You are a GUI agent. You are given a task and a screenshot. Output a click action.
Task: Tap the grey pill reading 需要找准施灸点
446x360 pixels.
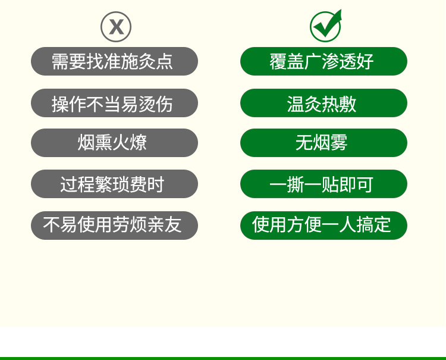coord(114,61)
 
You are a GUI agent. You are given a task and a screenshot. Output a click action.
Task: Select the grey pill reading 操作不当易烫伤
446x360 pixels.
coord(114,103)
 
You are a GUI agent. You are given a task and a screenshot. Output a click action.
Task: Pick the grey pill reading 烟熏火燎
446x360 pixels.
coord(114,143)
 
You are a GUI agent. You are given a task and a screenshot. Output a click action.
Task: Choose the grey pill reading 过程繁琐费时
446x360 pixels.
coord(114,184)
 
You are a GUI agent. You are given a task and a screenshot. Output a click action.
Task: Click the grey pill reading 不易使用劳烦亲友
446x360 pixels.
coord(114,226)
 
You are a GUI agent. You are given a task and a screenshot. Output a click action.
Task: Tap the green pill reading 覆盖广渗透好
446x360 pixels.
coord(323,61)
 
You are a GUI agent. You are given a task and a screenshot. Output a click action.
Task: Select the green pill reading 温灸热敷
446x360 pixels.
coord(323,103)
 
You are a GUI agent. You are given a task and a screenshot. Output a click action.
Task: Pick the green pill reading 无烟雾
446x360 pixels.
coord(323,143)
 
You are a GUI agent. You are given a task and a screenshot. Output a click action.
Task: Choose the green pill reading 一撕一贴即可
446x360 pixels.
coord(323,184)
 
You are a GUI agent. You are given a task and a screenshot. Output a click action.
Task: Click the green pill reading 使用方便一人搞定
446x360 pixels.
coord(323,226)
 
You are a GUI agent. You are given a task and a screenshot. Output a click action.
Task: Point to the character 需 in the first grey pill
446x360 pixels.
coord(60,61)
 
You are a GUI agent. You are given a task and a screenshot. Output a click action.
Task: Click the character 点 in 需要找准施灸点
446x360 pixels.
coord(164,61)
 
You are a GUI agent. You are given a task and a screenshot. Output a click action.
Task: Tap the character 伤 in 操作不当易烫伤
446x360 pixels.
coord(164,104)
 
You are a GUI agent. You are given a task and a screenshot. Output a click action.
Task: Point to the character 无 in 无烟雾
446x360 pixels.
coord(304,143)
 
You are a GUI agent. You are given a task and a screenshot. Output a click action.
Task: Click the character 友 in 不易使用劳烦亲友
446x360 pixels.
coord(173,225)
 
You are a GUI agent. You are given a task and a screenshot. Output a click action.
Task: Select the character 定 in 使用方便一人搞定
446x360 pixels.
coord(382,225)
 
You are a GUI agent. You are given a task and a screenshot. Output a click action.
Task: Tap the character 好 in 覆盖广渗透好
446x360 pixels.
coord(365,61)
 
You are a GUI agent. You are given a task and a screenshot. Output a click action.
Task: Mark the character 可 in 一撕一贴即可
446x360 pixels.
coord(365,184)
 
